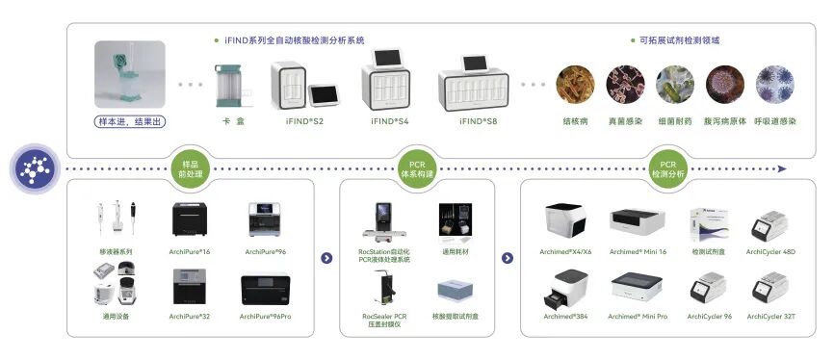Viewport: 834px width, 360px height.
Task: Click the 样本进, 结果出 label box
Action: click(x=130, y=120)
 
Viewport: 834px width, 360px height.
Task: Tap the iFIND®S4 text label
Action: click(x=390, y=121)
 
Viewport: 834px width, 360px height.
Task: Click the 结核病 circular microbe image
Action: click(x=575, y=85)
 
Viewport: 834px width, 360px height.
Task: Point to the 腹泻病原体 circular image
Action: click(x=724, y=85)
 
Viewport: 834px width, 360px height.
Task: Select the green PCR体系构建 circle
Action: click(x=417, y=167)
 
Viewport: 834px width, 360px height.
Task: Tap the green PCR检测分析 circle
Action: click(x=667, y=167)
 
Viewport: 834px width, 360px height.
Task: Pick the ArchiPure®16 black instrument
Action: click(x=190, y=220)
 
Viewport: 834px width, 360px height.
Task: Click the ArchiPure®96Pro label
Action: click(x=269, y=316)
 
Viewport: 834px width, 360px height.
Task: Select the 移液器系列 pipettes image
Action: click(x=116, y=219)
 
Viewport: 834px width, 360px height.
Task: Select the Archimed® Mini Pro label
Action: click(x=638, y=316)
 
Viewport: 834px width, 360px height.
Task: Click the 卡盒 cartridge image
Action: click(x=226, y=85)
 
